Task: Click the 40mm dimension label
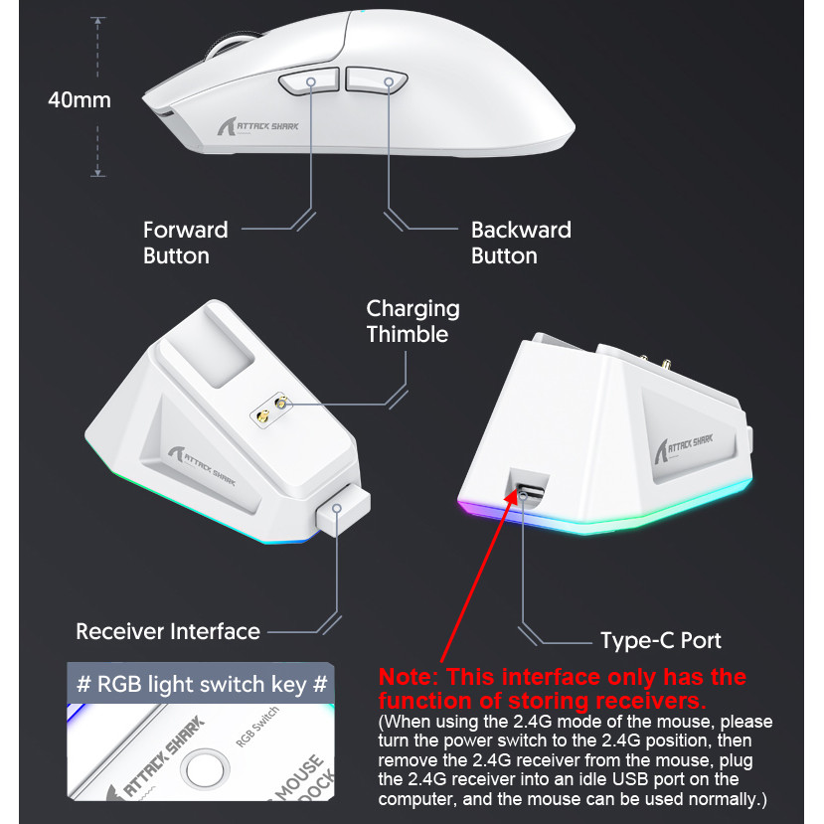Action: coord(80,100)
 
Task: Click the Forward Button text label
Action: coord(185,243)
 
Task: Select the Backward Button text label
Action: coord(521,243)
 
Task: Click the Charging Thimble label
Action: coord(412,321)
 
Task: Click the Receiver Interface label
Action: coord(168,631)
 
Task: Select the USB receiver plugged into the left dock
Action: coord(338,513)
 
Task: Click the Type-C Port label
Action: coord(661,640)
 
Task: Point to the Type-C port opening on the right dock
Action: coord(527,489)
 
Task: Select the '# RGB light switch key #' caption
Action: coord(201,684)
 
